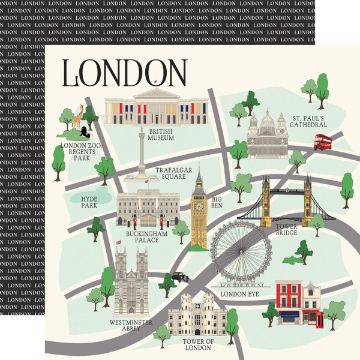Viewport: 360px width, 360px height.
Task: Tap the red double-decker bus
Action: coord(323,142)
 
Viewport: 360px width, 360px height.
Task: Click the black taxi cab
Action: coord(180,277)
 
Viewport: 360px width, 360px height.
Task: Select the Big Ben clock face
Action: coord(199,206)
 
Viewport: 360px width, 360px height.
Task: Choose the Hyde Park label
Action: coord(89,201)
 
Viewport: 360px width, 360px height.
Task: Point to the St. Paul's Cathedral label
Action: coord(309,121)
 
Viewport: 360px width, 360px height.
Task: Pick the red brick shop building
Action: coord(288,303)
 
